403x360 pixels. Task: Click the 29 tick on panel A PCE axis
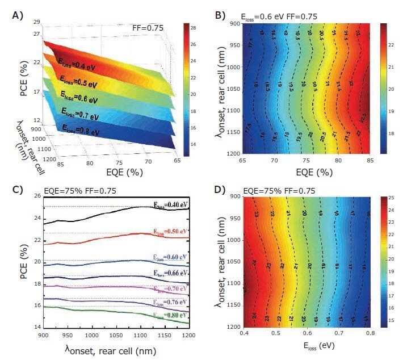(x=36, y=22)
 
